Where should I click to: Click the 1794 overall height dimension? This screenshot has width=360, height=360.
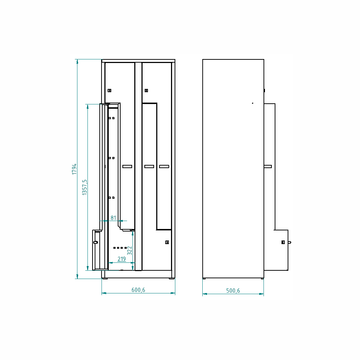(74, 169)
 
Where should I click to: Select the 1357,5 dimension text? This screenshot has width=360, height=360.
(85, 187)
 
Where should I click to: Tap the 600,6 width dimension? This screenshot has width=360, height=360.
(138, 290)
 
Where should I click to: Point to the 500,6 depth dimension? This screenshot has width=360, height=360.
(233, 291)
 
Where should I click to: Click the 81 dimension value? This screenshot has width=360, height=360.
(113, 218)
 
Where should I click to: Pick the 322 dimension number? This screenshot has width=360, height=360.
(130, 251)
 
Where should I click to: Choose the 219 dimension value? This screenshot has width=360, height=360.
(122, 259)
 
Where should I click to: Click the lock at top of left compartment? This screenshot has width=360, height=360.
(109, 90)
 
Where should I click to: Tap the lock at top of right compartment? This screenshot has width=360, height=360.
(147, 90)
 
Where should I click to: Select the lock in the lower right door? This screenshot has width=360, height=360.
(167, 242)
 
